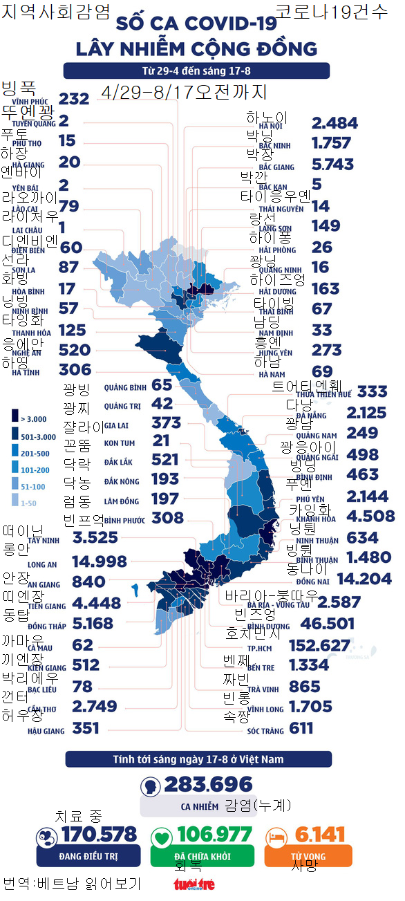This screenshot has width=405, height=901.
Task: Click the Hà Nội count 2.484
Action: [x=335, y=123]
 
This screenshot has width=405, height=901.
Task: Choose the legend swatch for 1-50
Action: [x=15, y=503]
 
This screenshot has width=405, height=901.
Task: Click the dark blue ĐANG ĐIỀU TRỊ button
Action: [x=88, y=856]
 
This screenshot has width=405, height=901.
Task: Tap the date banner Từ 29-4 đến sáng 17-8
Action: [x=196, y=71]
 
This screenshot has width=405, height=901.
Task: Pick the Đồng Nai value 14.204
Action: [x=365, y=579]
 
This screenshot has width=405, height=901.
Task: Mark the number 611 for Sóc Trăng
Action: [x=301, y=728]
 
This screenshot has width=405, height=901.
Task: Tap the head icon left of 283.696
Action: [x=149, y=787]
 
